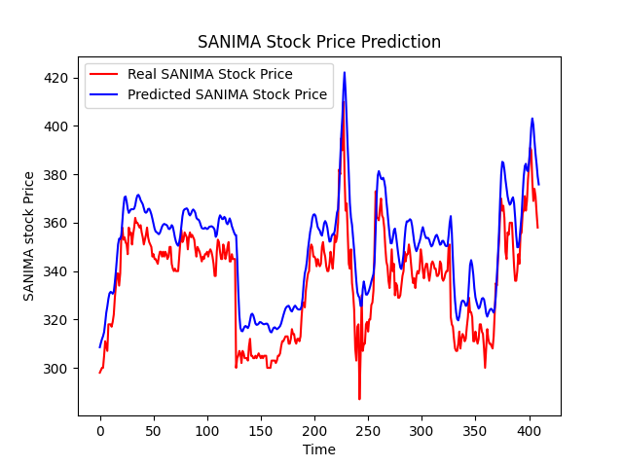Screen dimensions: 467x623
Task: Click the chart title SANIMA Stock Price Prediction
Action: tap(319, 42)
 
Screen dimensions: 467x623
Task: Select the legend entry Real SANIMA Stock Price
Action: tap(209, 74)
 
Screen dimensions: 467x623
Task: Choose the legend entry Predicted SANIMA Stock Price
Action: tap(227, 94)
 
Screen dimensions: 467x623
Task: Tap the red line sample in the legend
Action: tap(105, 74)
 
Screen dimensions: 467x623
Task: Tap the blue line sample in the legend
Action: tap(105, 94)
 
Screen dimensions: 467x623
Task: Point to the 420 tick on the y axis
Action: tap(59, 78)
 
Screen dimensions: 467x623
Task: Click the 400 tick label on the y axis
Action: tap(59, 126)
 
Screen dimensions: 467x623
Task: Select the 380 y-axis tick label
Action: tap(59, 175)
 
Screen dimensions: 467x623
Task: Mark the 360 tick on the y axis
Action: tap(59, 223)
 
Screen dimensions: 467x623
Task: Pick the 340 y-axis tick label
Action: tap(59, 271)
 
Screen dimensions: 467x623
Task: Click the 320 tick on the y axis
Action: tap(59, 320)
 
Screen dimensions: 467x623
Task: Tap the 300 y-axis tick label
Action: tap(59, 369)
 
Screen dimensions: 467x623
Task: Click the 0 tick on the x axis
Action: tap(100, 430)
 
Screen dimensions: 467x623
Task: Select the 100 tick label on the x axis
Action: tap(207, 430)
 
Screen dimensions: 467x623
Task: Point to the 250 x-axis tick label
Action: tap(368, 430)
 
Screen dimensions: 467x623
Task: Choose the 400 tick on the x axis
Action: tap(529, 430)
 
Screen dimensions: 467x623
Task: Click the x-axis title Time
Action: tap(319, 449)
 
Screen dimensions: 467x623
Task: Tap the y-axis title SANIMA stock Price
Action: tap(29, 235)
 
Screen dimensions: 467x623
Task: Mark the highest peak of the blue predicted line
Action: tap(344, 72)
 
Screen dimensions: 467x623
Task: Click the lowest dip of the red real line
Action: tap(359, 399)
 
